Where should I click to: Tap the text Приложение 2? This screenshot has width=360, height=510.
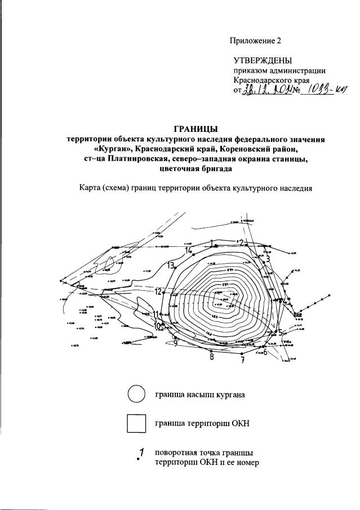255,40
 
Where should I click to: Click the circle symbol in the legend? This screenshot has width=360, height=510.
136,393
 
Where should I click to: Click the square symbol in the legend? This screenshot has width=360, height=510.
136,423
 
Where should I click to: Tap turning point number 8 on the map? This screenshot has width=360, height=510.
211,357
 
